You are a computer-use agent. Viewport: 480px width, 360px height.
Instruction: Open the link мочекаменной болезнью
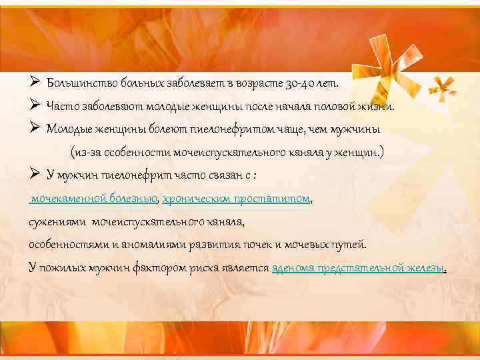tap(93, 198)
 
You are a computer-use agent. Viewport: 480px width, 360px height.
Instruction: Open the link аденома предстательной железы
tap(359, 267)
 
